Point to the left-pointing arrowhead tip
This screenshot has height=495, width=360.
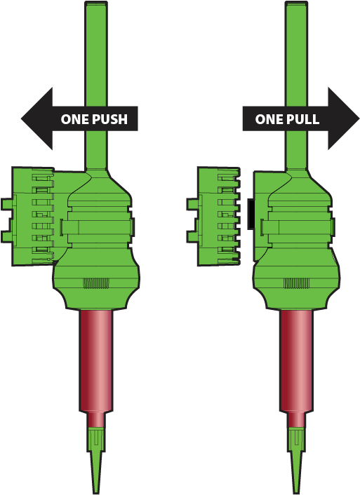[x=21, y=118]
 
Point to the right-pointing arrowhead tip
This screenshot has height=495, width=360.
[x=359, y=118]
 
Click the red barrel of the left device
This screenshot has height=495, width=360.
[x=95, y=360]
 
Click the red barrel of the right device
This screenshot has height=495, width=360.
[x=296, y=360]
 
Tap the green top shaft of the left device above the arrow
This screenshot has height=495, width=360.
[x=96, y=54]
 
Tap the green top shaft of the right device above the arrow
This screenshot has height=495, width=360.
[x=296, y=54]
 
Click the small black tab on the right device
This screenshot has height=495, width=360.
[x=251, y=214]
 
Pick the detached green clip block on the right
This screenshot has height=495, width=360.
[x=213, y=217]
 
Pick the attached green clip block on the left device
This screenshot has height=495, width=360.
[x=32, y=217]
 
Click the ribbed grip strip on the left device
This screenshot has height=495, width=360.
[x=96, y=283]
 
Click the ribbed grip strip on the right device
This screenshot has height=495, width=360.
[x=296, y=283]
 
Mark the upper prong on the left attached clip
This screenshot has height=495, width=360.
[x=7, y=203]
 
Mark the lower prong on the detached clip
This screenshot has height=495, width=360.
[x=192, y=236]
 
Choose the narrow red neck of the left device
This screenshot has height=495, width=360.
[x=96, y=419]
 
